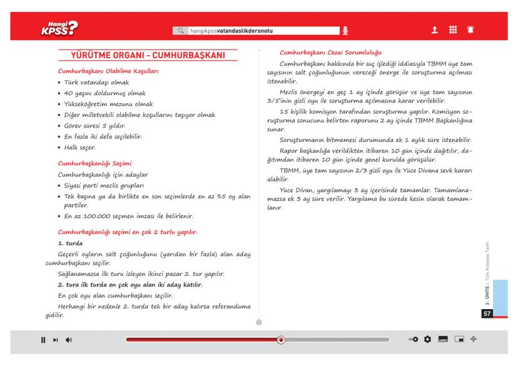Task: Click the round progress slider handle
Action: (x=281, y=340)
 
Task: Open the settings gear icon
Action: (x=428, y=340)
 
